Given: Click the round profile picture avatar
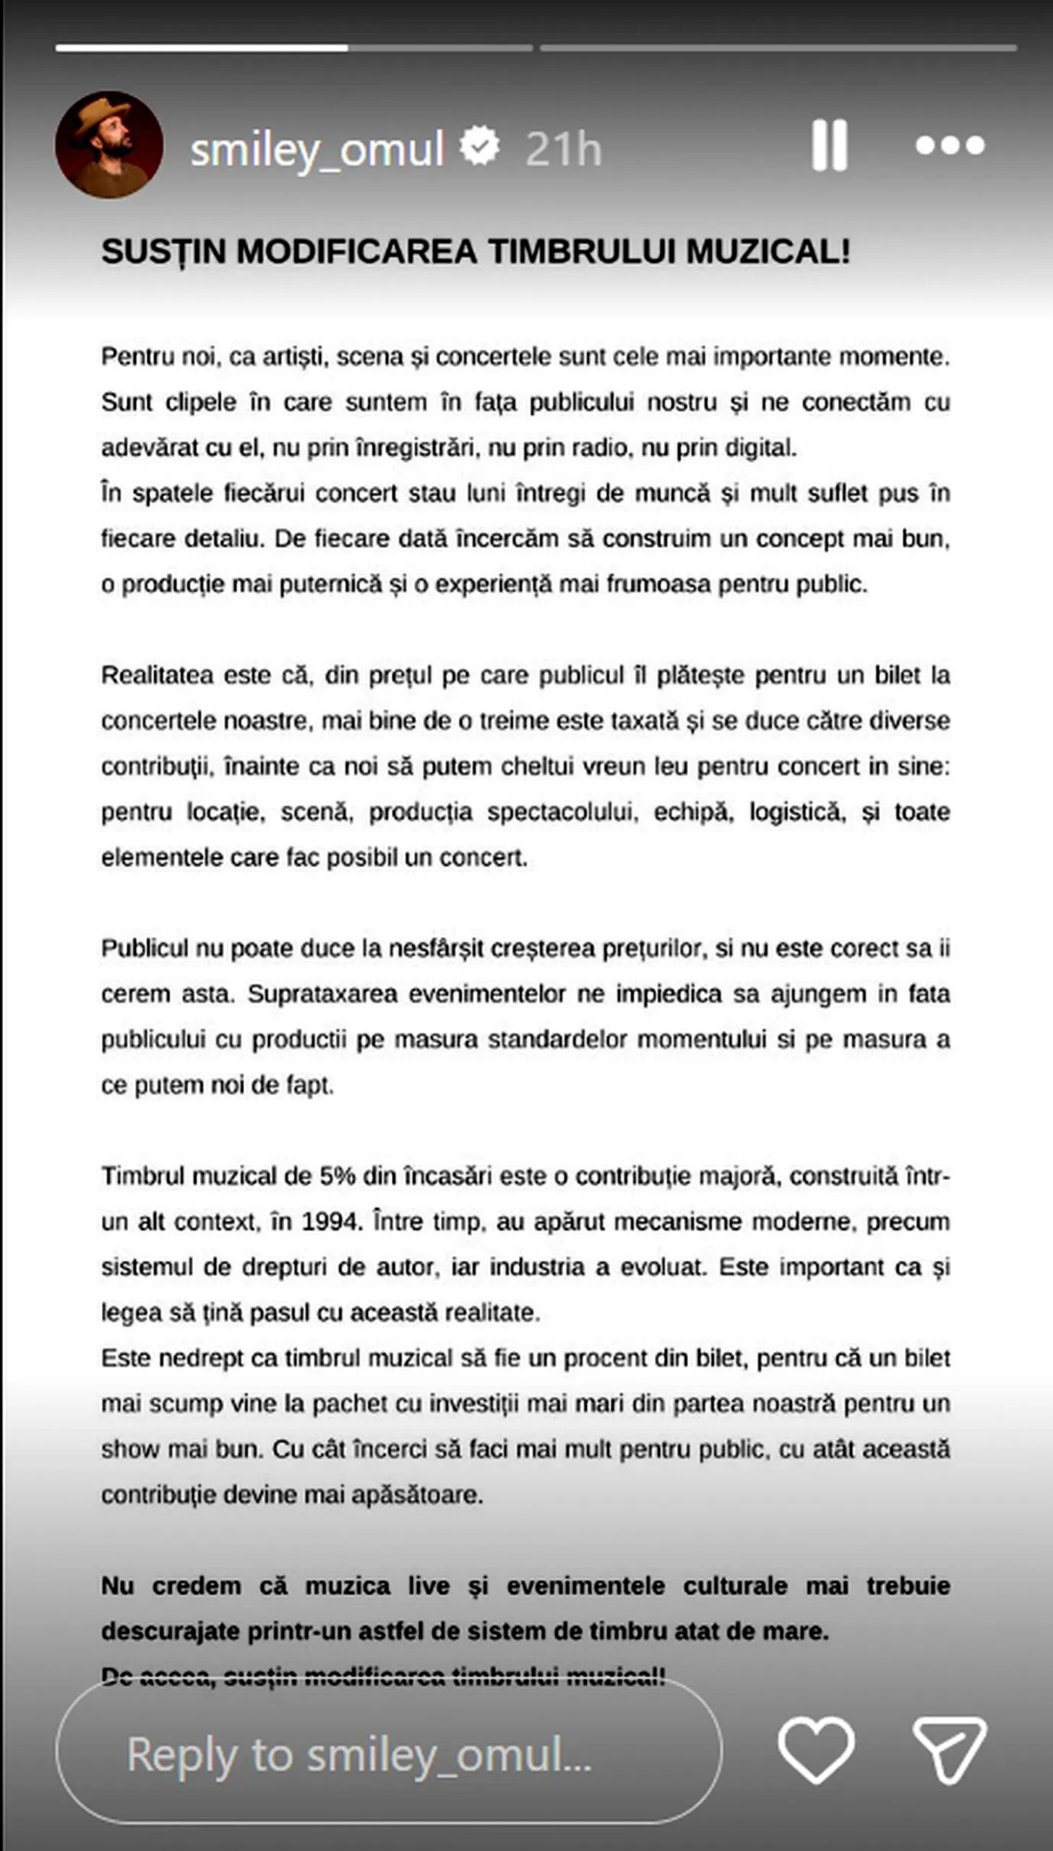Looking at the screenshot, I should point(109,145).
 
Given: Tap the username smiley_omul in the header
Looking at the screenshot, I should point(317,150).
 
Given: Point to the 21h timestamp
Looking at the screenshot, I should point(564,150).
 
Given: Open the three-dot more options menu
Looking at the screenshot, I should point(950,145).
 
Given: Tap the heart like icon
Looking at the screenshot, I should point(817,1750).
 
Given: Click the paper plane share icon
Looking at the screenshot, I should point(949,1750).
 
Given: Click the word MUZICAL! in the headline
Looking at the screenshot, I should point(768,252).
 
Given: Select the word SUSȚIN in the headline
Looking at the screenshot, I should point(163,252).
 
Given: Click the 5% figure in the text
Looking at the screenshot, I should point(338,1176).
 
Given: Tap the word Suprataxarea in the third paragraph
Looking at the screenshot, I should point(322,994).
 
